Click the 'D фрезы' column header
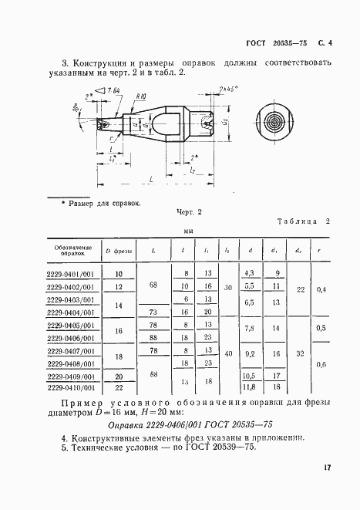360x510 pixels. pyautogui.click(x=119, y=250)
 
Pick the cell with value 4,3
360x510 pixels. pyautogui.click(x=249, y=273)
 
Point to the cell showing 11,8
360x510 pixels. pyautogui.click(x=249, y=389)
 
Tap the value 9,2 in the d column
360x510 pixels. pyautogui.click(x=249, y=353)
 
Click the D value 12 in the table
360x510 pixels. pyautogui.click(x=119, y=286)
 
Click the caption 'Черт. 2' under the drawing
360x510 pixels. pyautogui.click(x=188, y=211)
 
